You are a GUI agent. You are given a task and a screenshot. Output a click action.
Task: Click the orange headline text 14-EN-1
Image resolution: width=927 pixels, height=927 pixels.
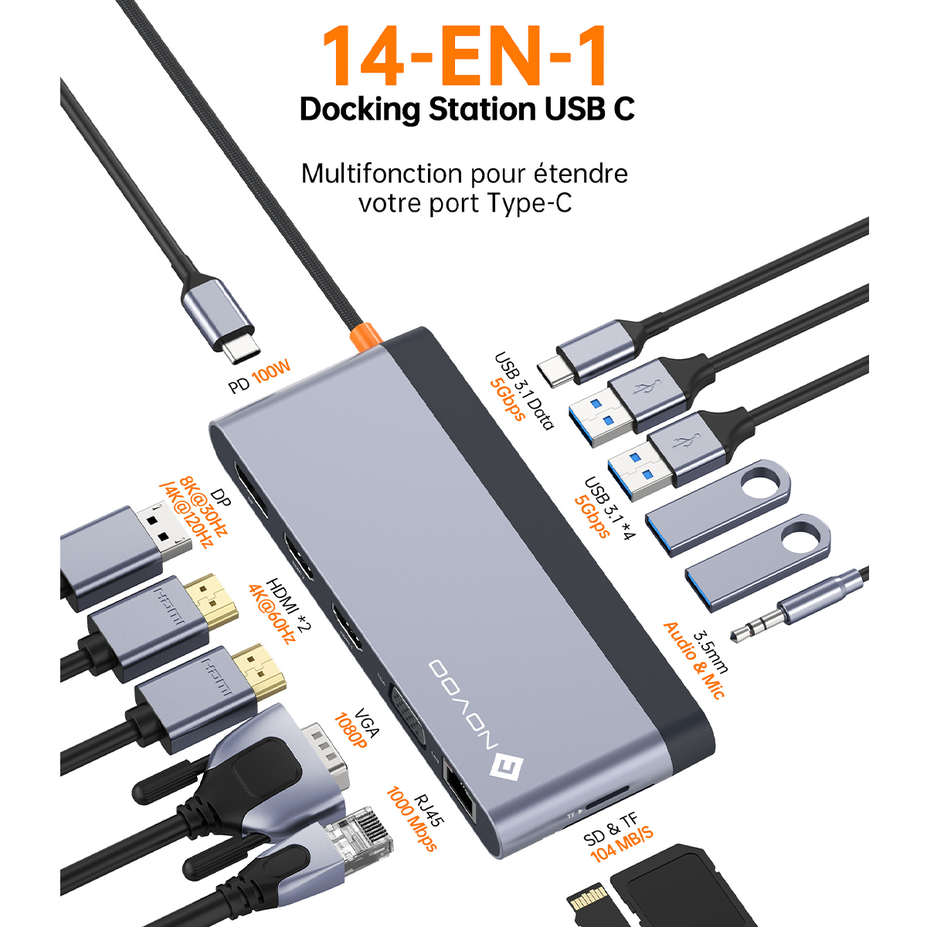pos(465,56)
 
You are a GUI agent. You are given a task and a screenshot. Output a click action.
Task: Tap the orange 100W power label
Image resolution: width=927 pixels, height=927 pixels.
pos(272,372)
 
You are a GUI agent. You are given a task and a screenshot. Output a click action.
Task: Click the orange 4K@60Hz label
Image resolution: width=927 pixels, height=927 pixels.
pos(272,614)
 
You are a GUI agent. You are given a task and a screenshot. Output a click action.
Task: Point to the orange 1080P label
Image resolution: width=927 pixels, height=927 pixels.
pos(351,731)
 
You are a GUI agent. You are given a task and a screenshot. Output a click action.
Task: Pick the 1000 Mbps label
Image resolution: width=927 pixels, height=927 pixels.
pos(411,819)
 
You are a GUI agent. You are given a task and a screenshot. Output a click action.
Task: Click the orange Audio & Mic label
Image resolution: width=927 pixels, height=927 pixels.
pos(694,660)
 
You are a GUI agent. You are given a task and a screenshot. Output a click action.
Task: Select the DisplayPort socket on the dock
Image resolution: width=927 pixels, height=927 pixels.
pos(250,489)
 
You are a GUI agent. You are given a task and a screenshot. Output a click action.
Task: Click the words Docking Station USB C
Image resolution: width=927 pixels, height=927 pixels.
pos(467,110)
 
